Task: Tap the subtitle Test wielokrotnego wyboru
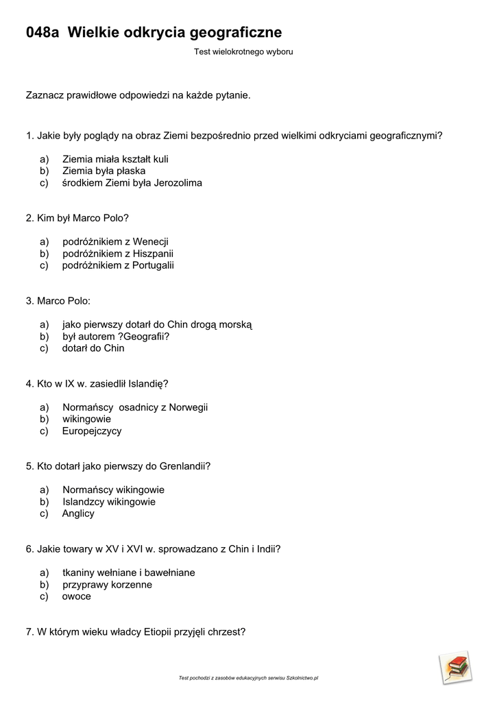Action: pos(243,51)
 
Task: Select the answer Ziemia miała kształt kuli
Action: pos(115,159)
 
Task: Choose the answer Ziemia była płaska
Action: pos(104,171)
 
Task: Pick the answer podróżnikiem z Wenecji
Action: pos(115,241)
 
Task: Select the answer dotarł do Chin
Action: pos(93,348)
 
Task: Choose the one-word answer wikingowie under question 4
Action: pos(86,419)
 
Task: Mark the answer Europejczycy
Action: pos(92,431)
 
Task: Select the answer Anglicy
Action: pos(78,513)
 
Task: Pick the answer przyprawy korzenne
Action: pos(107,585)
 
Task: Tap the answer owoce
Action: pos(76,596)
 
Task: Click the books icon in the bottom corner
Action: pos(457,667)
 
